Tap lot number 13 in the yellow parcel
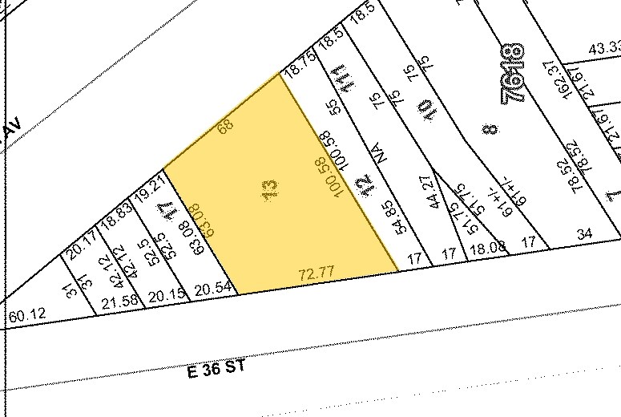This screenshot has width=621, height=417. point(270,189)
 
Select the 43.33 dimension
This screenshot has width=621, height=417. point(604,49)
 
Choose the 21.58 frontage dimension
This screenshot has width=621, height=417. point(117,301)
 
